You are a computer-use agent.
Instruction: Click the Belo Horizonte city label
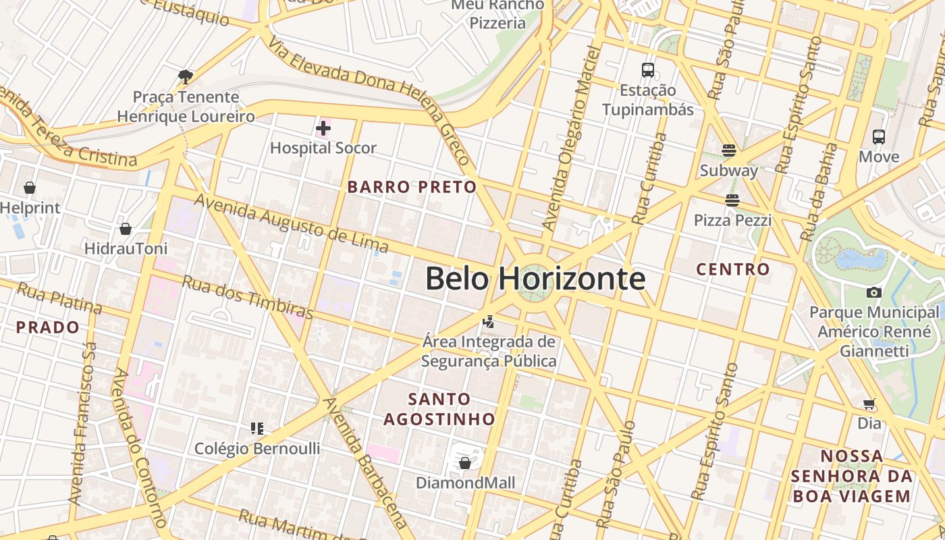tap(535, 279)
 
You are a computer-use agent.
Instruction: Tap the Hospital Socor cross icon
tap(323, 128)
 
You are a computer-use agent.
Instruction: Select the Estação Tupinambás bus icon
tap(648, 70)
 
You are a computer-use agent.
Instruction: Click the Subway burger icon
tap(729, 150)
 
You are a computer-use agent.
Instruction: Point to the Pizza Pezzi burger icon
tap(732, 200)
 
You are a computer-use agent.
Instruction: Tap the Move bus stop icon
tap(879, 137)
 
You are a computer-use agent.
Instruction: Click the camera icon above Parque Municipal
tap(874, 292)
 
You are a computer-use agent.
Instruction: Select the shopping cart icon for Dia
tap(869, 404)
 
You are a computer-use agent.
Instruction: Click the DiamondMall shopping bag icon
tap(465, 463)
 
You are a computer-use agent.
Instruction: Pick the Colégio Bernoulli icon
tap(256, 428)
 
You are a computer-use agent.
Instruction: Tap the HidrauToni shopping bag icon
tap(126, 230)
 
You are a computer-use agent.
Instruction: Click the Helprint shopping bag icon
tap(30, 188)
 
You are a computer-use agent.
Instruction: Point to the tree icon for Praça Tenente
tap(186, 77)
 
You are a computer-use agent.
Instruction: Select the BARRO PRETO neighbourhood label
tap(412, 187)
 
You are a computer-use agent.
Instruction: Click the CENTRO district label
tap(733, 269)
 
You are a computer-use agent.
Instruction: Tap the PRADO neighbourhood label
tap(48, 328)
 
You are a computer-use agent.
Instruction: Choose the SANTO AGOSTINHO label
tap(439, 409)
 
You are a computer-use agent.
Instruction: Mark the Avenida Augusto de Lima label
tap(292, 223)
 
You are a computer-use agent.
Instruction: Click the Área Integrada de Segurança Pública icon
tap(489, 322)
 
